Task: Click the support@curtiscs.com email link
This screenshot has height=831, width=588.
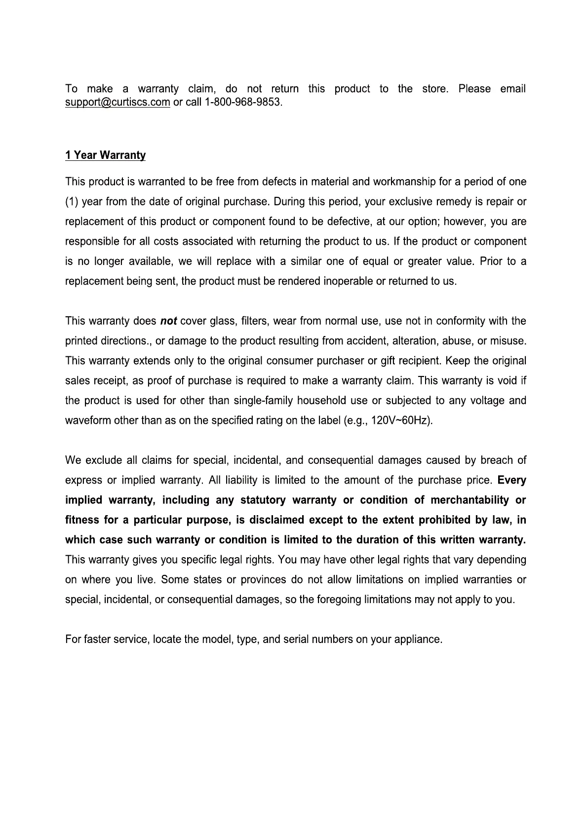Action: [118, 103]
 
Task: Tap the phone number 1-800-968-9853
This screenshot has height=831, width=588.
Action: [242, 103]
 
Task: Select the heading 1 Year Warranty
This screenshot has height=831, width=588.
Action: [105, 155]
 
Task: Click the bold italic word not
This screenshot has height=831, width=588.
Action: [169, 321]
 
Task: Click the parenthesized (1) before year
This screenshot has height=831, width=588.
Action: [72, 202]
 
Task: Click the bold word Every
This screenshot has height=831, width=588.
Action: [512, 480]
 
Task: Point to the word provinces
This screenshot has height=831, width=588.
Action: [263, 579]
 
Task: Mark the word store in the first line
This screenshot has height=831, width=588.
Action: [434, 89]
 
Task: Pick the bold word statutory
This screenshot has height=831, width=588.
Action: [263, 500]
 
